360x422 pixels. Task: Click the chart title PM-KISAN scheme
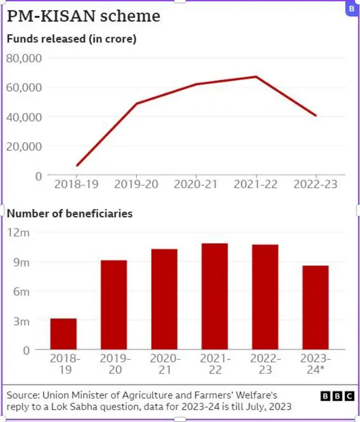tap(83, 16)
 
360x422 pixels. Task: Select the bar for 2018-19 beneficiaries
tap(63, 334)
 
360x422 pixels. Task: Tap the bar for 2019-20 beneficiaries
tap(114, 304)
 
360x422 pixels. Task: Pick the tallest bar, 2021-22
tap(214, 296)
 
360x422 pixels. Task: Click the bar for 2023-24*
tap(315, 307)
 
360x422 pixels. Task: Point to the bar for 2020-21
tap(164, 299)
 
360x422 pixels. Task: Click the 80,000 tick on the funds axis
tap(24, 59)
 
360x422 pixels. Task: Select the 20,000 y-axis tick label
tap(24, 146)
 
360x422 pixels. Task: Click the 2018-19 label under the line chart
tap(77, 185)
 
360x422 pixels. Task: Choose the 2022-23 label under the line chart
tap(315, 185)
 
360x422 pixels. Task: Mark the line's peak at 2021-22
tap(256, 77)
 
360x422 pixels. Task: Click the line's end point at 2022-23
tap(316, 115)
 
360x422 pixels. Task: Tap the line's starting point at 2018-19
tap(77, 165)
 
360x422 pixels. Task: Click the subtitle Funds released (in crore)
tap(71, 39)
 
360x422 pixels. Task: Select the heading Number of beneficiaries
tap(70, 214)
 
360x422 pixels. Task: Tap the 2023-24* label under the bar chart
tap(315, 363)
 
